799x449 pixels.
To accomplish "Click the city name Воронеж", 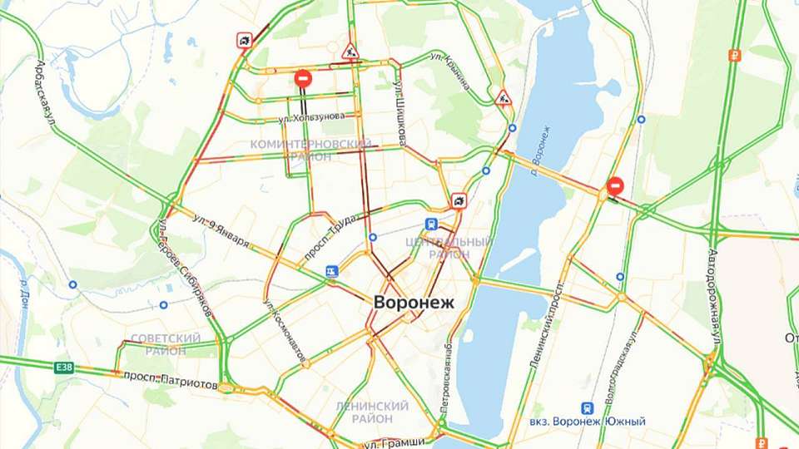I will coord(414,303).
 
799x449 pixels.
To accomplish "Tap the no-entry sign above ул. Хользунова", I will coord(303,78).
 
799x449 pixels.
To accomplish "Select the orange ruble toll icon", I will coord(734,56).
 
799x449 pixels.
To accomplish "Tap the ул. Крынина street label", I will coord(450,69).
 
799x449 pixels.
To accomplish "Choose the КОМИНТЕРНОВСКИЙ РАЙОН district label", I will coord(310,150).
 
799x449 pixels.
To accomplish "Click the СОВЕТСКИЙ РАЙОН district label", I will coord(166,344).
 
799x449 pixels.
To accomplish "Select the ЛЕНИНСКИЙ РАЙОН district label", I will coord(372,412).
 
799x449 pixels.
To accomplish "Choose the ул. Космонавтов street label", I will coord(284,328).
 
